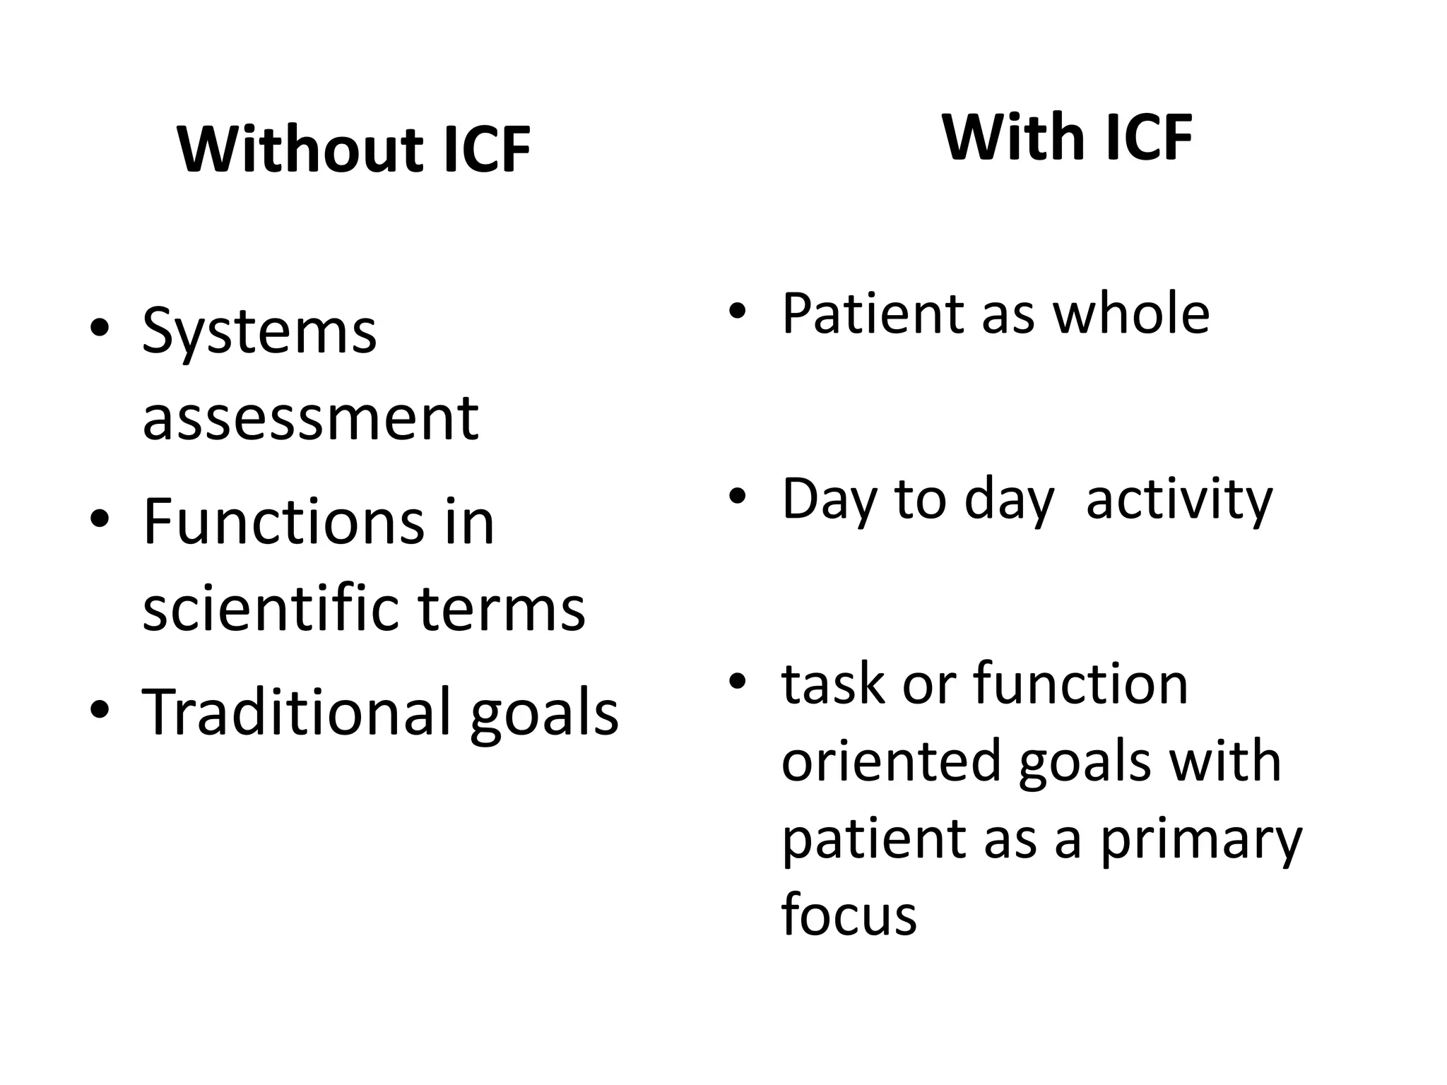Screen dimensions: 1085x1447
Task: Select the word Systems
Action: tap(259, 332)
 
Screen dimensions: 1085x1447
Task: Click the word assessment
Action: tap(310, 418)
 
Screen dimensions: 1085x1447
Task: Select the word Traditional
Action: tap(296, 712)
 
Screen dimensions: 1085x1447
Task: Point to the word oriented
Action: tap(892, 761)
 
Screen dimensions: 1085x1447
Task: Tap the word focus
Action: tap(849, 915)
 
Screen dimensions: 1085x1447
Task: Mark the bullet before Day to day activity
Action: tap(738, 497)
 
